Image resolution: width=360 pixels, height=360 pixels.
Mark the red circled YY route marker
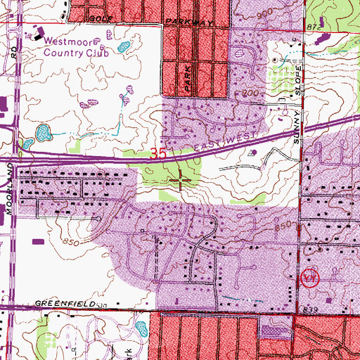click(310, 278)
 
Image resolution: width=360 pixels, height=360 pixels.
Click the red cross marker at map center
click(181, 181)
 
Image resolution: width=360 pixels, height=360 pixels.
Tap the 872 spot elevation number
click(313, 25)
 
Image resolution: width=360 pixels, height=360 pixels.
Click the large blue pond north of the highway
click(44, 131)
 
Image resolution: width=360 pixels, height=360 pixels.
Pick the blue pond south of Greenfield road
click(140, 328)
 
